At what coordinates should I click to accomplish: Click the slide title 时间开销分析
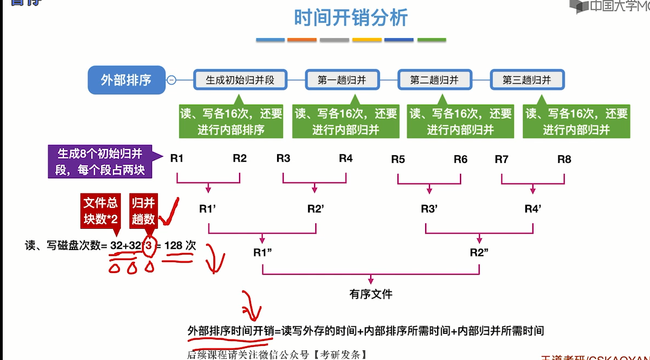click(x=351, y=18)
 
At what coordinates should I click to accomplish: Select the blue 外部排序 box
click(x=126, y=80)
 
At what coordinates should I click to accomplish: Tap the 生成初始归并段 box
click(x=240, y=80)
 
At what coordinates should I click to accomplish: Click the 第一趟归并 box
click(x=342, y=80)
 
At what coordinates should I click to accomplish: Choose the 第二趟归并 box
click(x=434, y=80)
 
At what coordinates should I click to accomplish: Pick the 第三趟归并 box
click(x=527, y=80)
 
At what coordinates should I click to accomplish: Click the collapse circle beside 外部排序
click(x=171, y=80)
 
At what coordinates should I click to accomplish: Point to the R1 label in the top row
click(x=177, y=158)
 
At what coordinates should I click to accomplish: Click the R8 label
click(x=565, y=159)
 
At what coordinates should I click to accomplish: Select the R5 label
click(x=398, y=159)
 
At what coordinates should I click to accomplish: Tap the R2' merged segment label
click(x=316, y=209)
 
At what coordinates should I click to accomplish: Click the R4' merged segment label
click(x=533, y=209)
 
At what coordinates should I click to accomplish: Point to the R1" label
click(x=262, y=253)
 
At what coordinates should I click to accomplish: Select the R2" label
click(x=480, y=253)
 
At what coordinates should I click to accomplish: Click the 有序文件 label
click(x=371, y=294)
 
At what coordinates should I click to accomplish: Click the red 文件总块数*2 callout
click(x=100, y=211)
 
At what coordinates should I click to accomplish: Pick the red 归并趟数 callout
click(x=143, y=211)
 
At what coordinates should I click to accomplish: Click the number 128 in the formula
click(x=173, y=246)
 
